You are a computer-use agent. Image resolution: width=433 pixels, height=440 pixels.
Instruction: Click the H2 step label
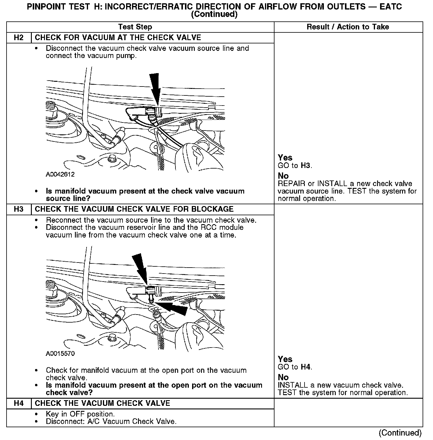pos(18,37)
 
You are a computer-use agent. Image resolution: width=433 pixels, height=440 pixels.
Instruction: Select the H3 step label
pos(18,209)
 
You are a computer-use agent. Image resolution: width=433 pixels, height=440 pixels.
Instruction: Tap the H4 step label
pos(18,403)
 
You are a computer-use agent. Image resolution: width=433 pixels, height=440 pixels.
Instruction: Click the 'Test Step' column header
pos(135,27)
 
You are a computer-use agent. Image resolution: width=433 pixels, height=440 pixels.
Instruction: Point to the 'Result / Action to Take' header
pos(348,27)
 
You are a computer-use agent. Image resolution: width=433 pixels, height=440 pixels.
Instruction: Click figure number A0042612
pos(60,175)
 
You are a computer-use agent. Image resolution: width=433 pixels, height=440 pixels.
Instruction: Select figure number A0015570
pos(60,353)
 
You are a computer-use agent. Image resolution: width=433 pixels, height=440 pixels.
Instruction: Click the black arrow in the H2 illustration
pos(156,88)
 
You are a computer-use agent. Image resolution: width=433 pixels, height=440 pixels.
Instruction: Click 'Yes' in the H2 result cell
pos(285,158)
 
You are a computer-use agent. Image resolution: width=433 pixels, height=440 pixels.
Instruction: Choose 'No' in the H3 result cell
pos(283,377)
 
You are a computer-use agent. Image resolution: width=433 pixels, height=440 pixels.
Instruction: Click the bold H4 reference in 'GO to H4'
pos(305,367)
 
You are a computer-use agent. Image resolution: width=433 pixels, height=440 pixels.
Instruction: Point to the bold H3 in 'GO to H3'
pos(305,166)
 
